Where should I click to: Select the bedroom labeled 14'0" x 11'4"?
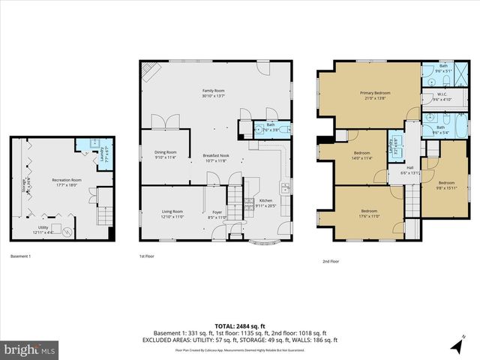tap(362, 155)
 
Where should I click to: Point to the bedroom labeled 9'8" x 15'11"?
tap(446, 184)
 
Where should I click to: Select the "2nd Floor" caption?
tap(330, 261)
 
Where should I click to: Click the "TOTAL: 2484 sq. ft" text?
tap(240, 325)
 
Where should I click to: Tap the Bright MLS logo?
tap(30, 349)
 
